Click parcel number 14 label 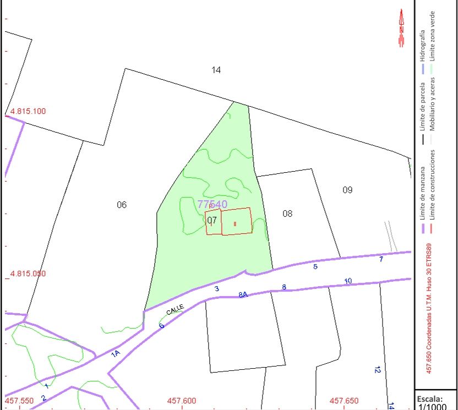tap(216, 70)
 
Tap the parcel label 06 tap(122, 205)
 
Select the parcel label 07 tap(212, 220)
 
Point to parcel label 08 tap(287, 214)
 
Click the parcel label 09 tap(347, 190)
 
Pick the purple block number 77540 tap(212, 204)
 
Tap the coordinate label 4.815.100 tap(28, 111)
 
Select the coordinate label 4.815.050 tap(28, 274)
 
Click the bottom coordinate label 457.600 tap(182, 401)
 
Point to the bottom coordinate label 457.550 tap(19, 401)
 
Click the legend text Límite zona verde tap(433, 36)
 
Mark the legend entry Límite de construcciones tap(433, 185)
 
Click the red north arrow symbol tap(401, 28)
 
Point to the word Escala tap(430, 398)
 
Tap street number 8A tap(243, 294)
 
